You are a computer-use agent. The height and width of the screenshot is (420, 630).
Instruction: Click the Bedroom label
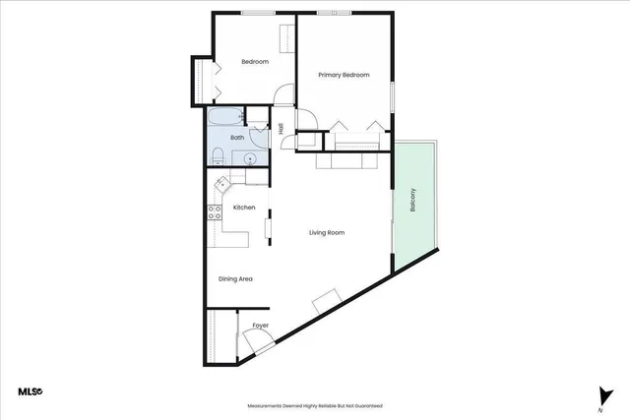pyautogui.click(x=255, y=62)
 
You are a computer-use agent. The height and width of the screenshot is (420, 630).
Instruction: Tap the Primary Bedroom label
pyautogui.click(x=343, y=75)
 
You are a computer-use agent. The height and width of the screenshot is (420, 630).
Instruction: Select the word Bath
pyautogui.click(x=237, y=138)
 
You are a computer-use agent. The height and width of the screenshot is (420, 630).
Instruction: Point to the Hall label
pyautogui.click(x=281, y=128)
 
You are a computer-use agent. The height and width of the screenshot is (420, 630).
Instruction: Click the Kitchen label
pyautogui.click(x=244, y=208)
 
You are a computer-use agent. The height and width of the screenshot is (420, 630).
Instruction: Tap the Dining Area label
pyautogui.click(x=236, y=279)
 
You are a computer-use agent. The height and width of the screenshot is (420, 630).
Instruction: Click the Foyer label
pyautogui.click(x=261, y=325)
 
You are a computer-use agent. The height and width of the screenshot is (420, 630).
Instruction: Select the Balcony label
pyautogui.click(x=413, y=201)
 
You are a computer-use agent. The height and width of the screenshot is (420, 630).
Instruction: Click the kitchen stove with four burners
pyautogui.click(x=213, y=212)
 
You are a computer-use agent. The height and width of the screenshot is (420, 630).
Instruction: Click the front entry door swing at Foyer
pyautogui.click(x=259, y=344)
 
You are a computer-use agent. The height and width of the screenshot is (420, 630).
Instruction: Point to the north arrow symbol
pyautogui.click(x=600, y=394)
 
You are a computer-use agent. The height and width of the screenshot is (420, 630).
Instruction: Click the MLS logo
pyautogui.click(x=31, y=391)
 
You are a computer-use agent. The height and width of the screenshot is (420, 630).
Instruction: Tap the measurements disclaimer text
pyautogui.click(x=315, y=405)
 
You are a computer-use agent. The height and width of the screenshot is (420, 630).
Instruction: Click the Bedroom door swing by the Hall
pyautogui.click(x=283, y=95)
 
